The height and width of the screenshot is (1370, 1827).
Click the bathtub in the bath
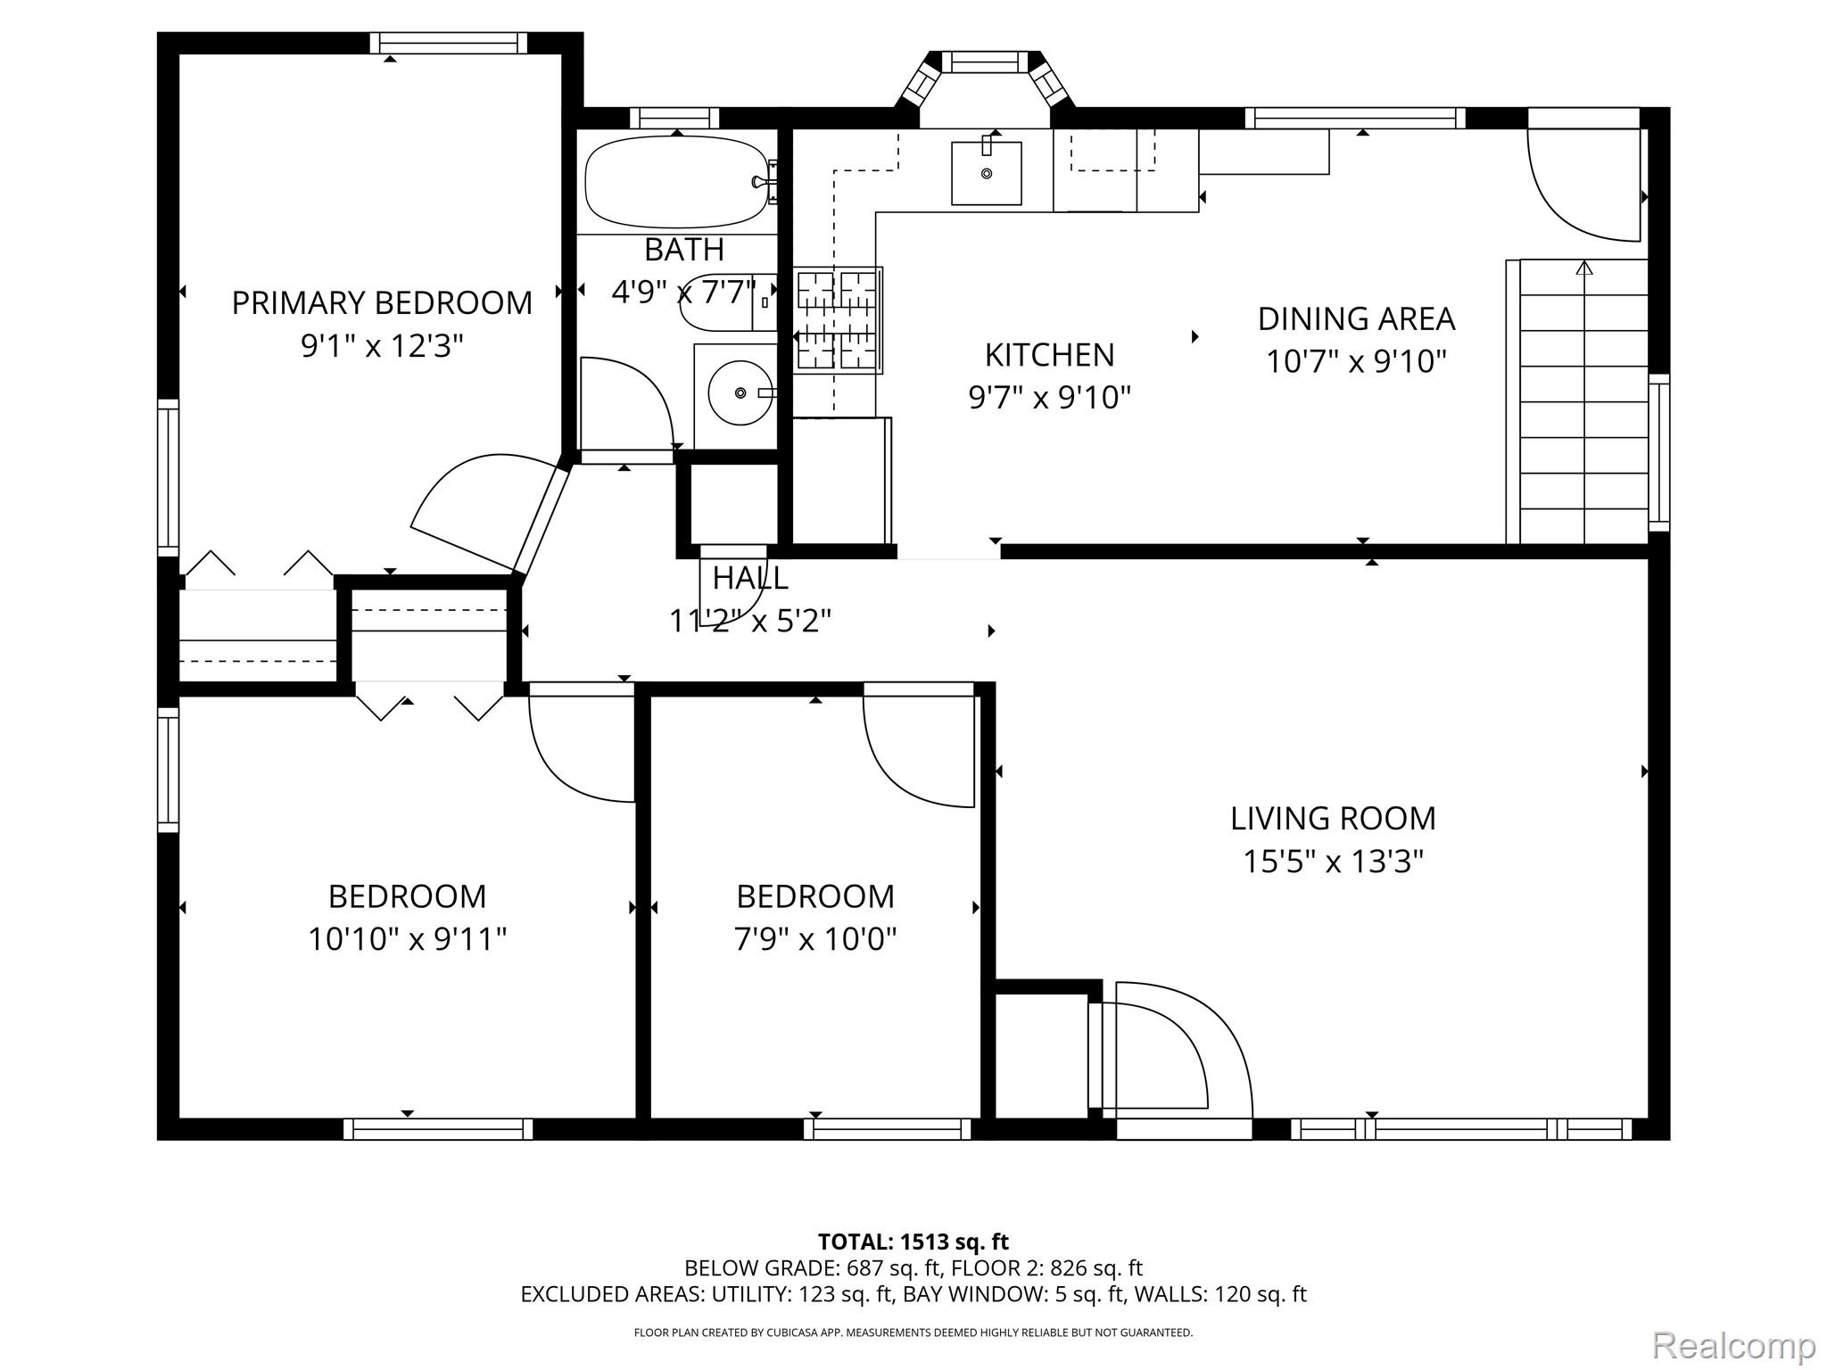677,181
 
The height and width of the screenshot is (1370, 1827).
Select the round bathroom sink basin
740,392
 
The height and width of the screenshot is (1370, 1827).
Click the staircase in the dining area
1576,401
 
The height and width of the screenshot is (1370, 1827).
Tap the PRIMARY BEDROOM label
382,303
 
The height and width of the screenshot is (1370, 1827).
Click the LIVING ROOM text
1333,818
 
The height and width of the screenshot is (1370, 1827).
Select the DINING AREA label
1356,318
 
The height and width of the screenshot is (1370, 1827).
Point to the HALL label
750,578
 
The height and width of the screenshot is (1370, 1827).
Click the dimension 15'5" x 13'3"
1333,862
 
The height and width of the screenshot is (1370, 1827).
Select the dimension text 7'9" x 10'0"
815,938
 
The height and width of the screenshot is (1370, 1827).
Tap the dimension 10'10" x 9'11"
408,938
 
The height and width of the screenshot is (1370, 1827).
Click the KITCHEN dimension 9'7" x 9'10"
1050,397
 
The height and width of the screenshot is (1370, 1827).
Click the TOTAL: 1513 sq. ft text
913,1242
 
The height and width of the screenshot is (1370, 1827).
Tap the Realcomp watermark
1733,1345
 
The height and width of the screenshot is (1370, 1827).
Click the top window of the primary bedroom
448,43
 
